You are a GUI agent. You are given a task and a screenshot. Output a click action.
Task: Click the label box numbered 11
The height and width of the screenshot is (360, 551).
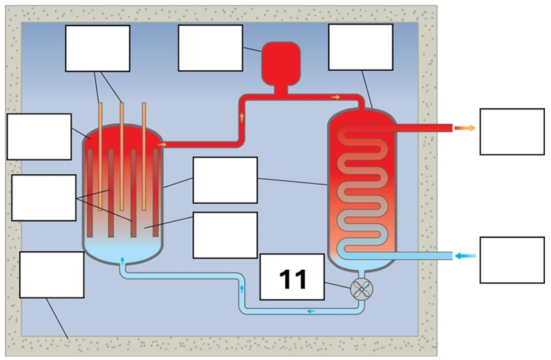coord(292,277)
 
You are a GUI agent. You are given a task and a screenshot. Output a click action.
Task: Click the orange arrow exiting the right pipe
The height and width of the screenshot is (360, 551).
coord(466,128)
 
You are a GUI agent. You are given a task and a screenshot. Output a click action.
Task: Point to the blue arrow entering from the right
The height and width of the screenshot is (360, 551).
coord(466,256)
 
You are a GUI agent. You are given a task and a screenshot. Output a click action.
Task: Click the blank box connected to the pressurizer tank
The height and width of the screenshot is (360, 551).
coord(210,47)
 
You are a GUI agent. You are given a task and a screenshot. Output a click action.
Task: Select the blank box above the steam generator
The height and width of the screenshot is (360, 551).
coord(360,47)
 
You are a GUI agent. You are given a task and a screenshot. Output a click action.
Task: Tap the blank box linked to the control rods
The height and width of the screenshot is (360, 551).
coord(97,48)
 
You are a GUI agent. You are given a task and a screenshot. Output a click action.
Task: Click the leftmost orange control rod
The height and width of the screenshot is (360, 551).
coord(101,155)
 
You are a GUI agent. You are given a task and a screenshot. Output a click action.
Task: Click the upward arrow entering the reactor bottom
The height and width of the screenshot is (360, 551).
coord(123,260)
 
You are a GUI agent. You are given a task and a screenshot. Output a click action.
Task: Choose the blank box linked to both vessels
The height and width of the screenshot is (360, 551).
coord(225,180)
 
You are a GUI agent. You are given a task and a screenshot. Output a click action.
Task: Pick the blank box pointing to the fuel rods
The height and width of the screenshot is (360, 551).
coord(43,198)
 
